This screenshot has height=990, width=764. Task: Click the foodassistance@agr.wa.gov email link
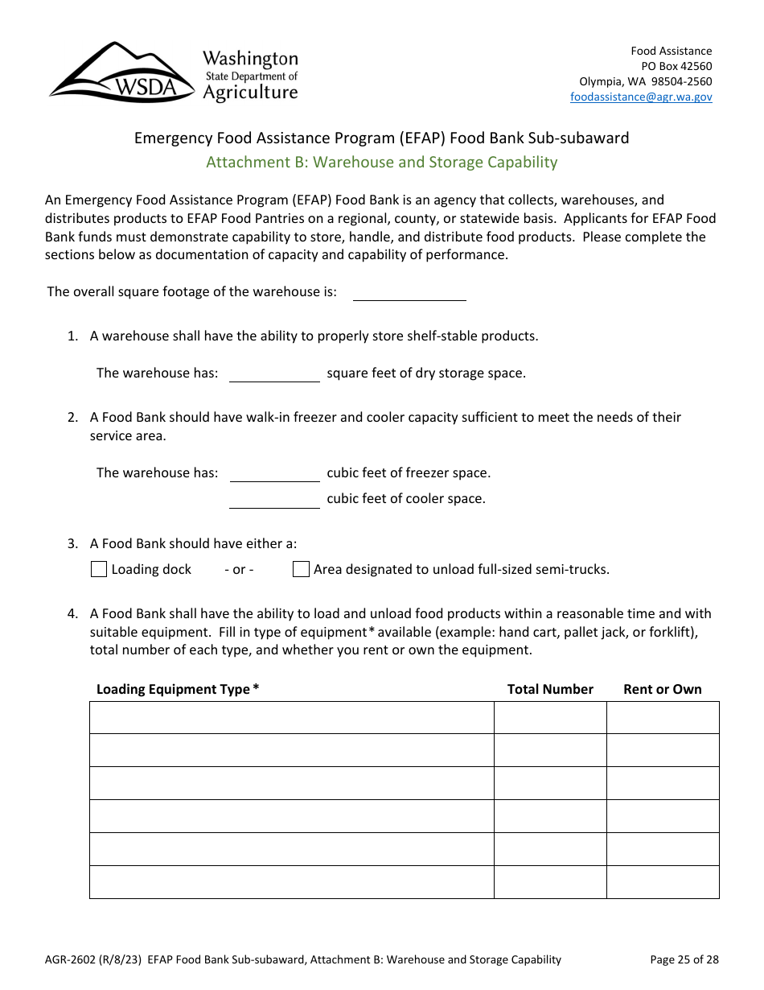point(641,97)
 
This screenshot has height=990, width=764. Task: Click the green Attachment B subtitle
point(381,162)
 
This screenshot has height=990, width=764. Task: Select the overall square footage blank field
point(409,291)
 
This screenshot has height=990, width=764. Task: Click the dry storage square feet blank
point(274,373)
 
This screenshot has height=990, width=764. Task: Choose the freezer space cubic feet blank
point(274,472)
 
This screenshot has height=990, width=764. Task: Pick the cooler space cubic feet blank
point(274,499)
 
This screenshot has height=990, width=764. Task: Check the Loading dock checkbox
point(99,570)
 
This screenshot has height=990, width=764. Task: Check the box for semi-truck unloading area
point(301,570)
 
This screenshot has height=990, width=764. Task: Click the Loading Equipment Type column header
point(178,689)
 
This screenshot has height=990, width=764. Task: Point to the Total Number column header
point(550,689)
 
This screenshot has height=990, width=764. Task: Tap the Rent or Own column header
point(663,689)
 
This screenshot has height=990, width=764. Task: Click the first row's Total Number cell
point(550,717)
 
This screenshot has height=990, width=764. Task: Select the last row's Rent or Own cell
point(663,882)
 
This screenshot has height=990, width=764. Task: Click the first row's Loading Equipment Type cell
point(291,717)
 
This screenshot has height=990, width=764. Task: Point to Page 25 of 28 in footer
point(684,959)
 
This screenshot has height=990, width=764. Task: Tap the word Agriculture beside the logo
point(250,93)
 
